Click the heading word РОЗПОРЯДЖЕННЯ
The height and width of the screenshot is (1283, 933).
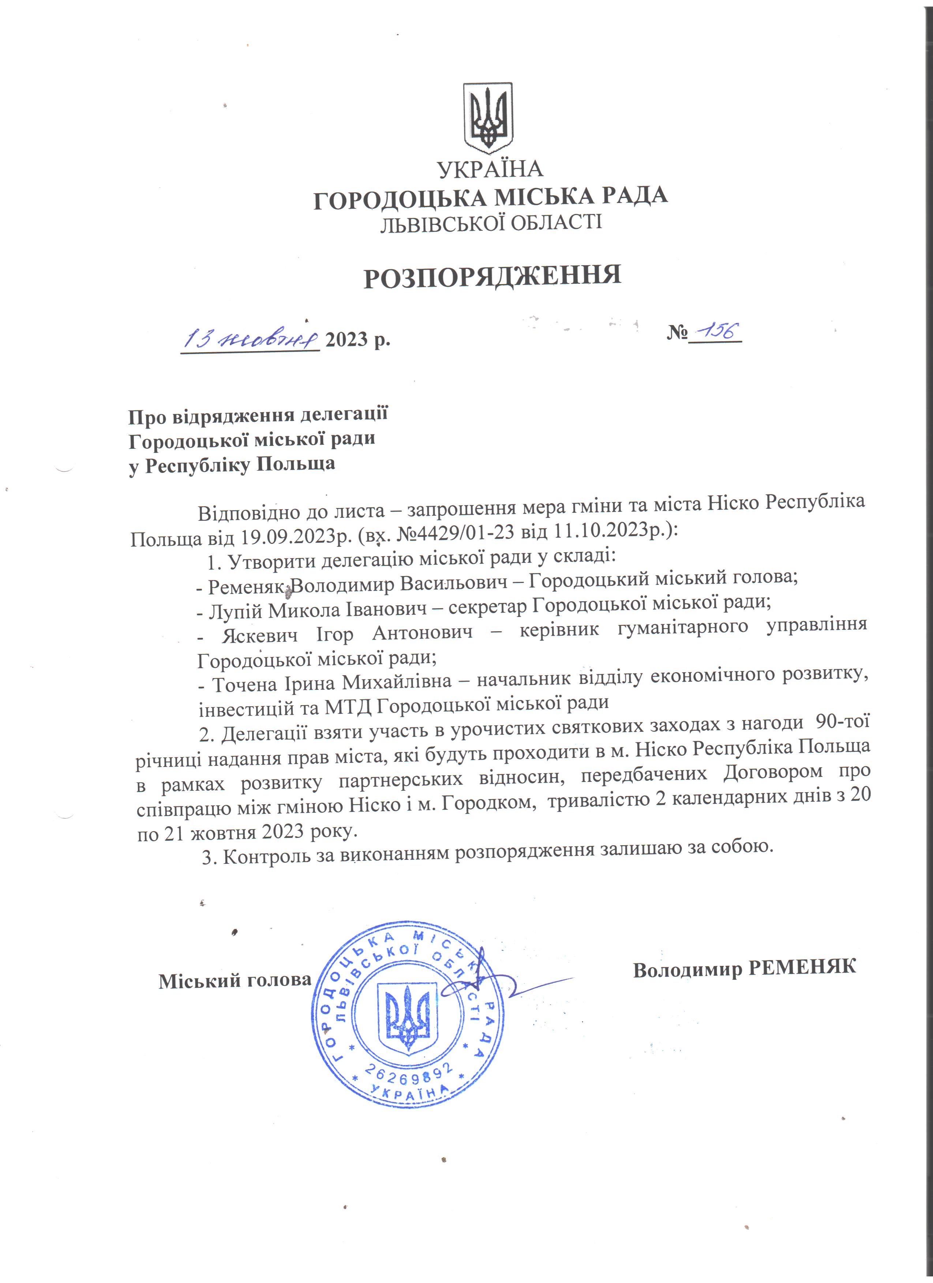pos(492,276)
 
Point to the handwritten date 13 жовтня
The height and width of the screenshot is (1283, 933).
pos(252,339)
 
